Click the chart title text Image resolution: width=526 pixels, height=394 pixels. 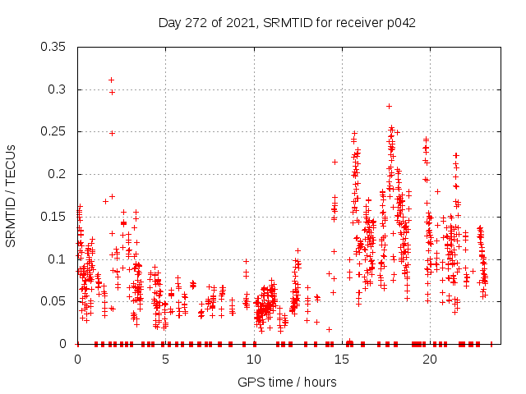[287, 23]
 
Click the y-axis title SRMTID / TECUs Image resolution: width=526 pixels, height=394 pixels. [11, 195]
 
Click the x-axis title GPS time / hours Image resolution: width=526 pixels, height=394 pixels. [287, 382]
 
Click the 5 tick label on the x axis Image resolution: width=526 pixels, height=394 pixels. [165, 360]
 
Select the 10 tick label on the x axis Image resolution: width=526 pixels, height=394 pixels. [253, 360]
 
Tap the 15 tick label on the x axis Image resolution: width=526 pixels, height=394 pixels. [341, 360]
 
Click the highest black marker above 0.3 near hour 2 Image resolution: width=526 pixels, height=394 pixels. [111, 80]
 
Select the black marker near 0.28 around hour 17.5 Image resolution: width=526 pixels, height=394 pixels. [389, 106]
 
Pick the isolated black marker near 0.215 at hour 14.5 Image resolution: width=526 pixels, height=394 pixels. [335, 162]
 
